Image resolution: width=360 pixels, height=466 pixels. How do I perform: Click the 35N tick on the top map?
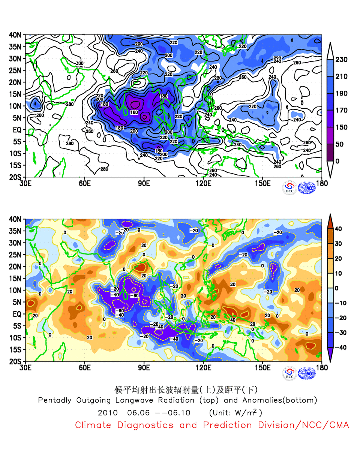point(15,47)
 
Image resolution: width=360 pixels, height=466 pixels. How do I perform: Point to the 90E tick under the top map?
point(144,183)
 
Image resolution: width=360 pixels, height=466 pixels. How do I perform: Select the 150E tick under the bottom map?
point(262,367)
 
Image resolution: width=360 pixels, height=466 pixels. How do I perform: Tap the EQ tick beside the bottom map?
point(17,314)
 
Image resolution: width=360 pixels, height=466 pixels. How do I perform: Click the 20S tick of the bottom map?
point(15,361)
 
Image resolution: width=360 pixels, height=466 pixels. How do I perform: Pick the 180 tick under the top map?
point(322,183)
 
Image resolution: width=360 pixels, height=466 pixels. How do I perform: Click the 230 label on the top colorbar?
point(341,60)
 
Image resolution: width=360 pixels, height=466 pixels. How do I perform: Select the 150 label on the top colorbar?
point(341,127)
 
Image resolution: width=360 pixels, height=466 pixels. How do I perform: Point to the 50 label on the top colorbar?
point(339,144)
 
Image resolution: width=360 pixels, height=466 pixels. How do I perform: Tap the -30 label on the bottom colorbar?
point(340,333)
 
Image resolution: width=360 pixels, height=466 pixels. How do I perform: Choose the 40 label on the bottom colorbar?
point(338,229)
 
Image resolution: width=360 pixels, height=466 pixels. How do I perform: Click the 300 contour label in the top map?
point(79,64)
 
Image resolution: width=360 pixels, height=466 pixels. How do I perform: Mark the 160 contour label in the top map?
point(134,112)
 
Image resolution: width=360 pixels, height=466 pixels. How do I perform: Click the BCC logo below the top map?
point(289,187)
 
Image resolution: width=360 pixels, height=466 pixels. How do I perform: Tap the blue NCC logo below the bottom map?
point(307,373)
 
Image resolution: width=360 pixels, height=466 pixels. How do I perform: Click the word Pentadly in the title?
point(55,400)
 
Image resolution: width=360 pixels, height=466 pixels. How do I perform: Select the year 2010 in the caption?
point(108,413)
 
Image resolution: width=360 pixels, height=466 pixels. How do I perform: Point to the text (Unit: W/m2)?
point(235,413)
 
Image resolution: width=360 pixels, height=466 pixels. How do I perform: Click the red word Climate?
point(93,425)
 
